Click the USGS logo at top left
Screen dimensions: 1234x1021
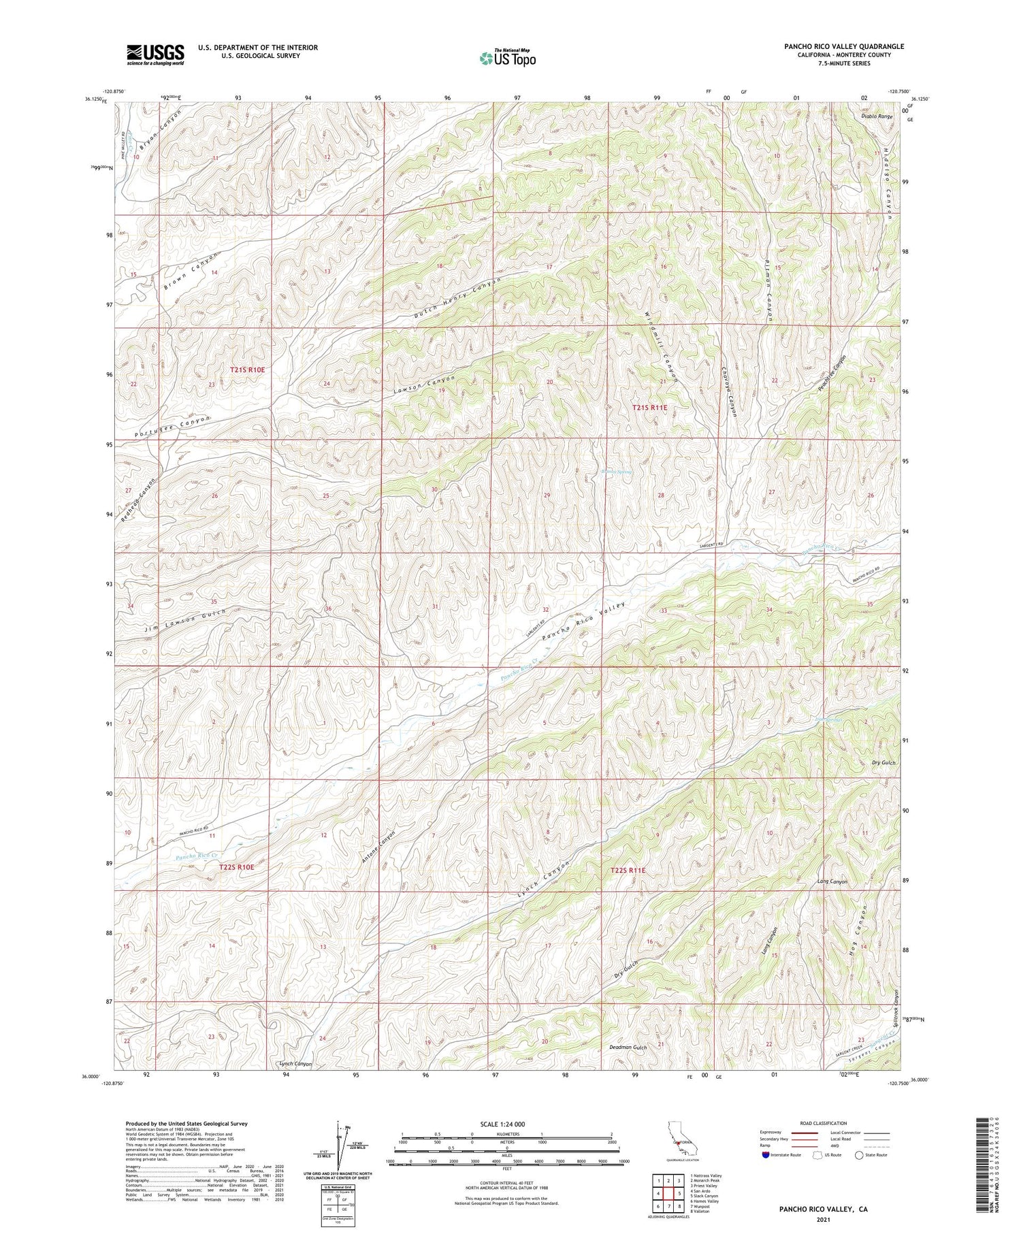point(155,54)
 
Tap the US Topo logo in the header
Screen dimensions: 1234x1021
point(507,59)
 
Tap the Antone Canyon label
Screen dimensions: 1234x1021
point(378,847)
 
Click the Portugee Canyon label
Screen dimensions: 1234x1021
point(173,426)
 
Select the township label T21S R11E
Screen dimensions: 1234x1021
point(653,408)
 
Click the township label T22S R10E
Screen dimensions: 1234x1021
point(236,867)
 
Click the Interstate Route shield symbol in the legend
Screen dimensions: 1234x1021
point(766,1155)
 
